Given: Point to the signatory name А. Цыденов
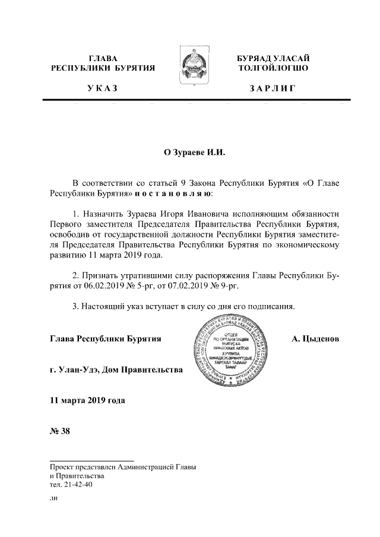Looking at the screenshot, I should (315, 339).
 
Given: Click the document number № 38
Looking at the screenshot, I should (60, 431).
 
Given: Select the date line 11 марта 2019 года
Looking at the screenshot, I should (87, 401).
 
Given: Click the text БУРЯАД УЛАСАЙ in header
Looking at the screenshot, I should (273, 58).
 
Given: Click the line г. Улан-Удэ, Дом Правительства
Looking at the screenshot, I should (116, 370).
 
